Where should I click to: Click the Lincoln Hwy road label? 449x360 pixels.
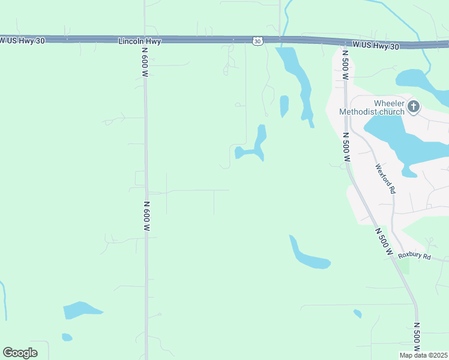[140, 41]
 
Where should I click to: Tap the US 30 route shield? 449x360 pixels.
[257, 41]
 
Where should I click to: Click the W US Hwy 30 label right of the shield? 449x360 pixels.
[375, 45]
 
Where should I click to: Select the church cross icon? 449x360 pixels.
[413, 107]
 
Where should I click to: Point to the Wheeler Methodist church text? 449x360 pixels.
[372, 107]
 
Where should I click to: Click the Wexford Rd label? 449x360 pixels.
[385, 179]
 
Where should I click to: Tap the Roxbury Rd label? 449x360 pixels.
[415, 256]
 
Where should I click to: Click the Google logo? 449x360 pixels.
[20, 353]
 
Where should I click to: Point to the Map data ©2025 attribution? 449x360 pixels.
[423, 355]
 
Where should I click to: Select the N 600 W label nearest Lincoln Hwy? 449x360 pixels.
[145, 62]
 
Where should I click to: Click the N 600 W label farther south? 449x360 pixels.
[147, 216]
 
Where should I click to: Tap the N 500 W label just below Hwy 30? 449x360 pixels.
[345, 65]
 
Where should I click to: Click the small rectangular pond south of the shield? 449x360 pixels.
[284, 106]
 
